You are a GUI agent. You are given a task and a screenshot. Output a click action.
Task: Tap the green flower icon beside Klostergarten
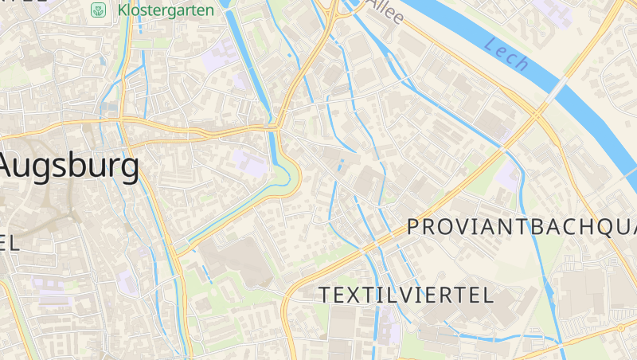99,10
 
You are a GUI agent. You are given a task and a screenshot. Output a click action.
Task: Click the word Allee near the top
386,11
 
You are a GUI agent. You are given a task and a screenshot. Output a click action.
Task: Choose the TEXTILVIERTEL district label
406,295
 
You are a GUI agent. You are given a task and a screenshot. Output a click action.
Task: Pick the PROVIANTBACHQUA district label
522,227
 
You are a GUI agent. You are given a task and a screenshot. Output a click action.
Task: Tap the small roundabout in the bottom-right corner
621,327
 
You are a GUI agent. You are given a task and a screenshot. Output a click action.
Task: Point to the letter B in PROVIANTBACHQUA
536,227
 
